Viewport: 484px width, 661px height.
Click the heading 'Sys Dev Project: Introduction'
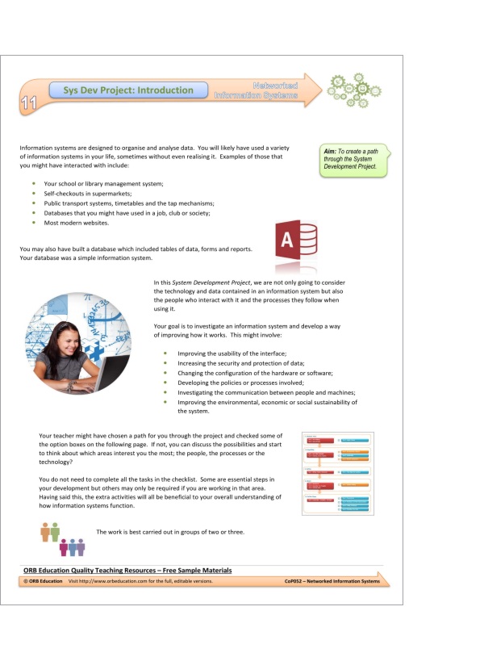point(129,90)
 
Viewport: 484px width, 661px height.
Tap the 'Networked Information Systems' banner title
point(257,90)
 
